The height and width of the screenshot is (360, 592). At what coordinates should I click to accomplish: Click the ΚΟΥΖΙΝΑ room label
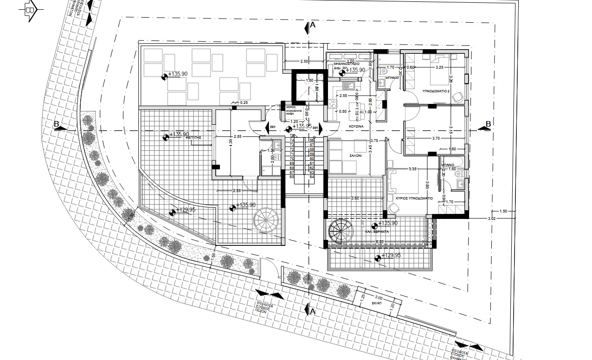pyautogui.click(x=356, y=126)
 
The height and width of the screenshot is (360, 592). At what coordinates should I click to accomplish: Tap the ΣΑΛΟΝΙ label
pyautogui.click(x=356, y=157)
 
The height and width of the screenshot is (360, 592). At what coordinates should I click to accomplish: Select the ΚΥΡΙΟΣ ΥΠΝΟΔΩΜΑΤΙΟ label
pyautogui.click(x=414, y=198)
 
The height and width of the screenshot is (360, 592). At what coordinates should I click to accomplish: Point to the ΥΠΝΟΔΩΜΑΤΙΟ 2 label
pyautogui.click(x=436, y=92)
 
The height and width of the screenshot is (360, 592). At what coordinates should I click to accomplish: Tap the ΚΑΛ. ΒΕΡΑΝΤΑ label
pyautogui.click(x=377, y=231)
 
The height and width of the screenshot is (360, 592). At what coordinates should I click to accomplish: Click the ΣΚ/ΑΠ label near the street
pyautogui.click(x=376, y=302)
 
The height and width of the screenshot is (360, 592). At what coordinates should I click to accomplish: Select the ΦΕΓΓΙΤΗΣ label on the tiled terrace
pyautogui.click(x=193, y=138)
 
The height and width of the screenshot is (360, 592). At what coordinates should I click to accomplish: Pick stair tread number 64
pyautogui.click(x=312, y=176)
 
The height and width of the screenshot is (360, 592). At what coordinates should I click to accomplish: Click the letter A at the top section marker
pyautogui.click(x=313, y=26)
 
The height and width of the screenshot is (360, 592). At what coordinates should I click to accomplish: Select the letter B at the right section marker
pyautogui.click(x=488, y=124)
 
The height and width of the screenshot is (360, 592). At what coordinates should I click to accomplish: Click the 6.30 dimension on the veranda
pyautogui.click(x=379, y=242)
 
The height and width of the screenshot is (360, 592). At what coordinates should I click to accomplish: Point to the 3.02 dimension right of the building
pyautogui.click(x=492, y=218)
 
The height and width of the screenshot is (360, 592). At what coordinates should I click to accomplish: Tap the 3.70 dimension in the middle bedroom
pyautogui.click(x=436, y=138)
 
